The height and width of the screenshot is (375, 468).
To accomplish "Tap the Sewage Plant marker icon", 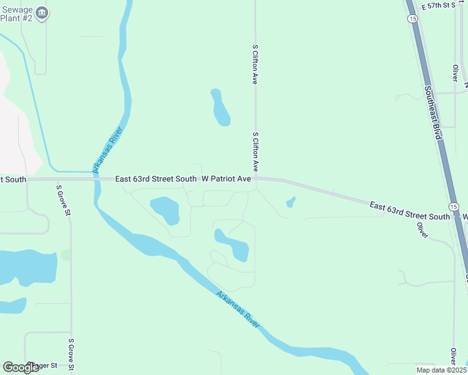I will pyautogui.click(x=42, y=13).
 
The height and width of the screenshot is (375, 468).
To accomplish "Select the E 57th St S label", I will pyautogui.click(x=439, y=6).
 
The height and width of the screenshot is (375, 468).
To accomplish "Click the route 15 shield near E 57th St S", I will pyautogui.click(x=412, y=19).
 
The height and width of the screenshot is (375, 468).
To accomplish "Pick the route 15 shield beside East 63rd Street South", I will pyautogui.click(x=454, y=206).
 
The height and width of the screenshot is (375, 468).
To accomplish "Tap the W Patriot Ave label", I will pyautogui.click(x=226, y=179).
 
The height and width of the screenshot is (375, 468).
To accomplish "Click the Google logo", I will pyautogui.click(x=21, y=367).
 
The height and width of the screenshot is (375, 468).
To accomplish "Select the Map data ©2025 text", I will pyautogui.click(x=440, y=369).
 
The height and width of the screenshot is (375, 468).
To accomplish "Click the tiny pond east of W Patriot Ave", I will pyautogui.click(x=290, y=202).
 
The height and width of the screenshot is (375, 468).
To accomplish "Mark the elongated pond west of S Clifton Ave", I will pyautogui.click(x=220, y=108).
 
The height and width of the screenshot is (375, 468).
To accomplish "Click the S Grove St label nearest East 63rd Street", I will pyautogui.click(x=63, y=200).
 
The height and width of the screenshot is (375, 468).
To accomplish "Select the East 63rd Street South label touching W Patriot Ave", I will pyautogui.click(x=156, y=179).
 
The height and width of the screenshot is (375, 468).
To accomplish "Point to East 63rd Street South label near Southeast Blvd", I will pyautogui.click(x=409, y=211).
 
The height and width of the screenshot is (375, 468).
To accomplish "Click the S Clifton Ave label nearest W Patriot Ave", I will pyautogui.click(x=255, y=152).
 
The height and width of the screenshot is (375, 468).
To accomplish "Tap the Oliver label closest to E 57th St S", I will pyautogui.click(x=455, y=74).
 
